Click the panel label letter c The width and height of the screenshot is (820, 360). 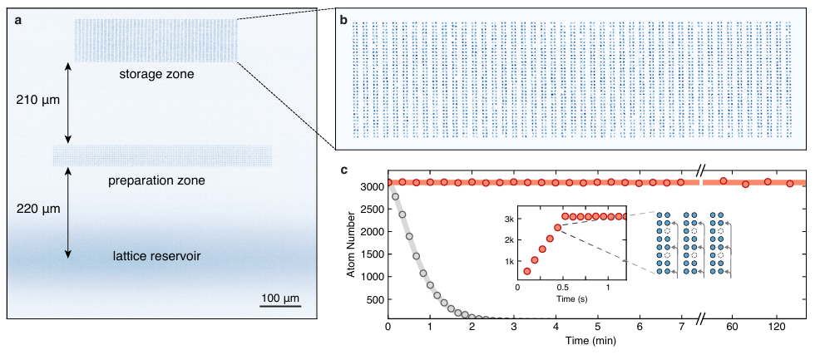pos(343,170)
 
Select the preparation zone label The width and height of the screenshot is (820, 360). pos(156,180)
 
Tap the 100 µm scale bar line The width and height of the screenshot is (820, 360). pos(279,306)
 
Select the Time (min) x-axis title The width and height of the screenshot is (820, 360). pos(596,339)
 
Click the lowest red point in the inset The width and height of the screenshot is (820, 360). pos(526,271)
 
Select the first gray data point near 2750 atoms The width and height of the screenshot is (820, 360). pos(395,197)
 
